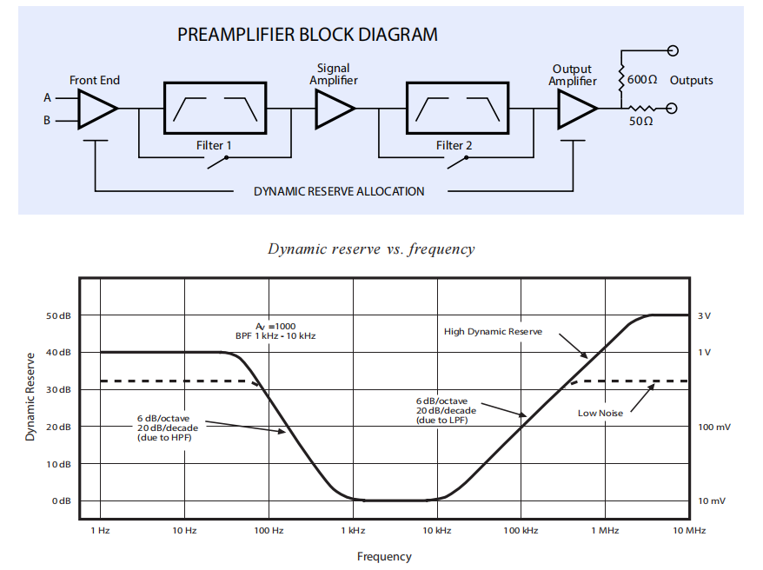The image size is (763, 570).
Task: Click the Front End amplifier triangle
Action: click(96, 109)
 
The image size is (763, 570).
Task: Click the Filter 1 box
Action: click(214, 109)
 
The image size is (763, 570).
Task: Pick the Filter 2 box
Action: click(455, 109)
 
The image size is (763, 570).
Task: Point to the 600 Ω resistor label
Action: click(642, 80)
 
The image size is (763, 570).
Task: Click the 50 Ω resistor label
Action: click(641, 122)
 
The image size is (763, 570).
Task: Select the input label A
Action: click(48, 98)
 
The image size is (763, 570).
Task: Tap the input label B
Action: click(48, 121)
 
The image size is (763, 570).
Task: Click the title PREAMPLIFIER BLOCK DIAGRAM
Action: click(308, 36)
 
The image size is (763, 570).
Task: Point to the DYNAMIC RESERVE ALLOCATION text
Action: click(339, 191)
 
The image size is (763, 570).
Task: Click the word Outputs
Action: click(692, 81)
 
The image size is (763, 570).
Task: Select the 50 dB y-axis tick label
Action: click(58, 315)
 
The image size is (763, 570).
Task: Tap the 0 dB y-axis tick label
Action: click(62, 501)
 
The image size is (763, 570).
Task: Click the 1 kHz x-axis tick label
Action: click(353, 530)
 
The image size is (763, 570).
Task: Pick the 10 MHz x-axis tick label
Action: click(689, 530)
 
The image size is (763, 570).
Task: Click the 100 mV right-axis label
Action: click(714, 427)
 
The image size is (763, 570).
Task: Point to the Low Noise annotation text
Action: click(600, 414)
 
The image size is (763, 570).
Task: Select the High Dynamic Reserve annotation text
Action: click(493, 331)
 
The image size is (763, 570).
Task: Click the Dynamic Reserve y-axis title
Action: click(30, 396)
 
